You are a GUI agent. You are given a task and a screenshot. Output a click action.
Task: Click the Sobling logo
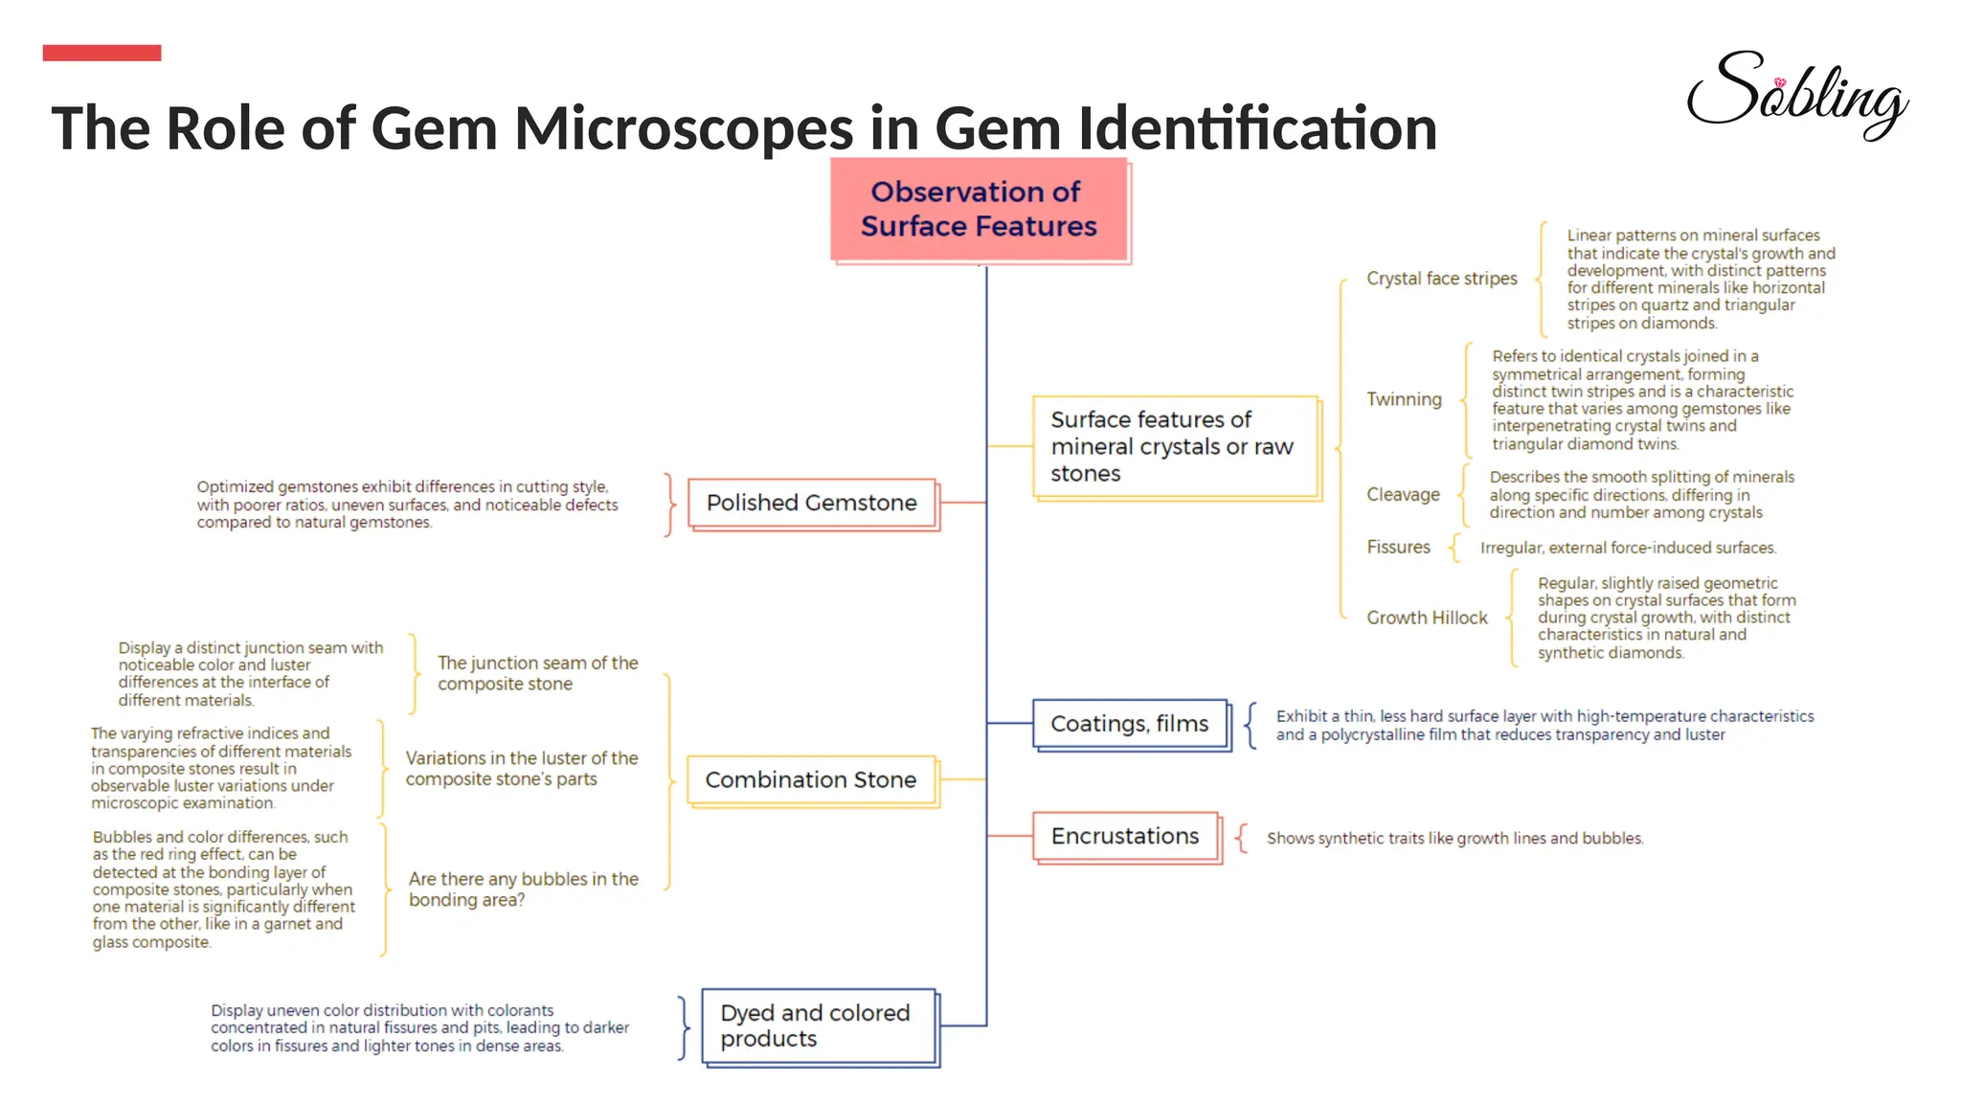click(x=1796, y=93)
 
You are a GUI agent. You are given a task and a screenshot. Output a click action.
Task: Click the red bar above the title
click(x=101, y=53)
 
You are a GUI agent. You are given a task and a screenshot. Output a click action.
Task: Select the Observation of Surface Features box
click(x=979, y=209)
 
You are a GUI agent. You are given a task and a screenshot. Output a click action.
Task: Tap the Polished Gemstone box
click(x=812, y=503)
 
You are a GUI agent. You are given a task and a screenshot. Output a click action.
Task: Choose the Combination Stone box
click(x=811, y=780)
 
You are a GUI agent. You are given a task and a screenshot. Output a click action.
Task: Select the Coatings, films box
click(x=1130, y=724)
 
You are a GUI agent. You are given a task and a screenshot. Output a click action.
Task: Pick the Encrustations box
click(x=1125, y=837)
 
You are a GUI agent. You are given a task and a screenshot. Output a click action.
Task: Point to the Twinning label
click(x=1404, y=399)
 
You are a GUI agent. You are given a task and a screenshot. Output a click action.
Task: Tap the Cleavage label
click(x=1403, y=495)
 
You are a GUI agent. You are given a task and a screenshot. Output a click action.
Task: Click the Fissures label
click(x=1398, y=548)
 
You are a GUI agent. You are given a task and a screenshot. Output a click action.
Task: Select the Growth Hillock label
click(x=1427, y=619)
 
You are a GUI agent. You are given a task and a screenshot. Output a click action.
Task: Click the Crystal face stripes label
click(x=1441, y=279)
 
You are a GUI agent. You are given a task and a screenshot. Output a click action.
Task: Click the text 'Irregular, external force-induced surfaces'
click(x=1628, y=549)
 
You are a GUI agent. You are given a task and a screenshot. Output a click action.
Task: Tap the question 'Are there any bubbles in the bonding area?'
click(x=523, y=889)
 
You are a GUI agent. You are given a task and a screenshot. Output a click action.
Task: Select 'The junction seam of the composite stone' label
click(x=537, y=673)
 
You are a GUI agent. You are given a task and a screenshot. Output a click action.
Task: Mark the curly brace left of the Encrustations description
click(x=1241, y=838)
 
